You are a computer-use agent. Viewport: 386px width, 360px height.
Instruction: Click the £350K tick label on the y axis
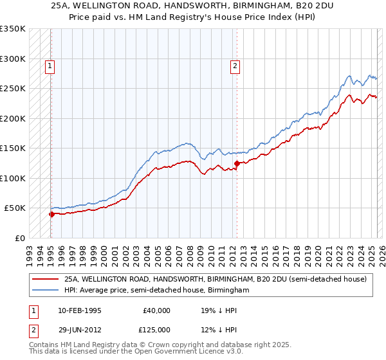tap(13, 29)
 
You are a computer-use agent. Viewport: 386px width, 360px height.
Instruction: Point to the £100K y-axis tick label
tap(13, 178)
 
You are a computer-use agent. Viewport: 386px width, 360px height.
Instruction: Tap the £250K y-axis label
tap(13, 89)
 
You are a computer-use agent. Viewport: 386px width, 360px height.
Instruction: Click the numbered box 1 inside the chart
tap(50, 65)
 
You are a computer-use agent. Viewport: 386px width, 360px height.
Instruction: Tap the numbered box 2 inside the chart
tap(235, 65)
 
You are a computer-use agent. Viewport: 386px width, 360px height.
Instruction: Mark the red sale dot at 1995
tap(51, 214)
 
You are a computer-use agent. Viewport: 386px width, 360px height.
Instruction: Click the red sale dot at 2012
tap(237, 163)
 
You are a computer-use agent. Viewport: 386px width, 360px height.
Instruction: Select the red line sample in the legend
tap(46, 279)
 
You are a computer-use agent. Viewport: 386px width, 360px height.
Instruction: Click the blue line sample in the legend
tap(46, 290)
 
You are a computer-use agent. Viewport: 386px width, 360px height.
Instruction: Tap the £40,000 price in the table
tap(156, 310)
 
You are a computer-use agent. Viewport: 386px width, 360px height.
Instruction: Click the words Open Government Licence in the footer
tap(178, 353)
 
